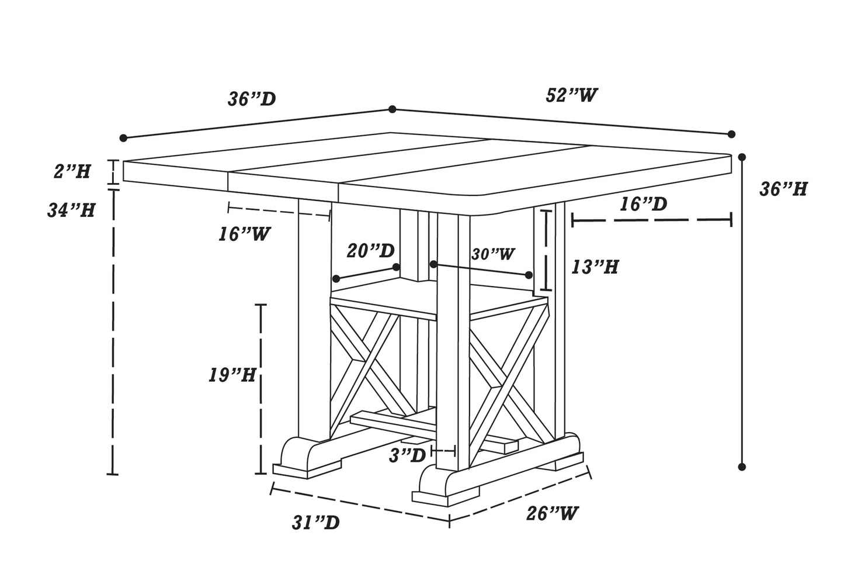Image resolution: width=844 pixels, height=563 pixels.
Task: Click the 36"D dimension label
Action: click(x=252, y=99)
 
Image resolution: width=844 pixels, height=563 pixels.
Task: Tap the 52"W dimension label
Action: click(x=572, y=95)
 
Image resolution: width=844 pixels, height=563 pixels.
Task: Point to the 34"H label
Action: click(x=71, y=210)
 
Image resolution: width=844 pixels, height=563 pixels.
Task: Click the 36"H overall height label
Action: click(x=783, y=189)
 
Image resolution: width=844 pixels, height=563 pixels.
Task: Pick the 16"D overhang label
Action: click(x=643, y=204)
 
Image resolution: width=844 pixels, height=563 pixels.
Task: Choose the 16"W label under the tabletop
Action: click(x=245, y=234)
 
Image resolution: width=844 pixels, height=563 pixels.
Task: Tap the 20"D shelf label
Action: click(x=370, y=251)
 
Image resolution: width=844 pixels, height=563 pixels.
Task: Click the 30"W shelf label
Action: click(x=493, y=254)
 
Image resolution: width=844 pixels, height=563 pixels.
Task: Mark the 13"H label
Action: click(x=595, y=267)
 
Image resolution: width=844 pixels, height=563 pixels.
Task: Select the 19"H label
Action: click(x=232, y=375)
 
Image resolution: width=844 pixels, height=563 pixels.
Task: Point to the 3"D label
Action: click(x=408, y=455)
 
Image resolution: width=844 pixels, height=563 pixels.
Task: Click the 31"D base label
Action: click(x=315, y=522)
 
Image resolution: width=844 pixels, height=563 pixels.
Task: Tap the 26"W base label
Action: click(x=552, y=513)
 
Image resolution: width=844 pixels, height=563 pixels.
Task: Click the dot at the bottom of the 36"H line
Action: click(x=742, y=467)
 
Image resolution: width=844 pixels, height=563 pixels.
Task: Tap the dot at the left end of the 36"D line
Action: click(x=123, y=138)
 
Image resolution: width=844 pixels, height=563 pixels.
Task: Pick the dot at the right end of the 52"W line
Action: click(x=731, y=134)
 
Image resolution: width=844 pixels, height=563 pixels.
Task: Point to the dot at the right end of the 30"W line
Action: click(x=529, y=275)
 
